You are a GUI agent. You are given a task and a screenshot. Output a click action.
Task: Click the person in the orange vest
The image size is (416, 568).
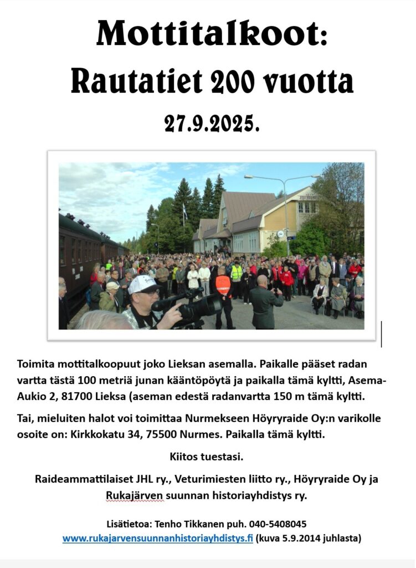coord(223,286)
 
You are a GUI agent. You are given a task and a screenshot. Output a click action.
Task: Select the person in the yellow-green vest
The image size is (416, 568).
coord(237,273)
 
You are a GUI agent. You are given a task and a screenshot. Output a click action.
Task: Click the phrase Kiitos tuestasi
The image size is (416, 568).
coord(206,458)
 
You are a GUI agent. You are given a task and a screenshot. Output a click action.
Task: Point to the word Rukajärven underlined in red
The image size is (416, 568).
coord(135,495)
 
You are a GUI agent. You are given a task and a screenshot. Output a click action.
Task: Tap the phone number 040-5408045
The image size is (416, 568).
coord(278,524)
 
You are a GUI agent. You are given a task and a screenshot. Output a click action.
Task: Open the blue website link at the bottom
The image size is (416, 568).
coord(157,538)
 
